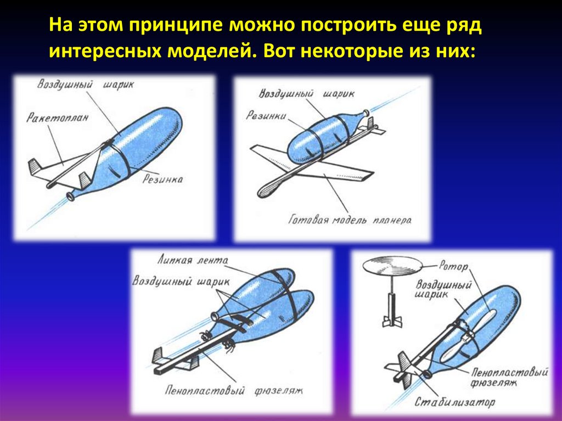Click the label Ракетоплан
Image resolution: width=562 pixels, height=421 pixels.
(x=57, y=117)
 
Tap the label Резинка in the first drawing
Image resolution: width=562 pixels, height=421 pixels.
(x=162, y=179)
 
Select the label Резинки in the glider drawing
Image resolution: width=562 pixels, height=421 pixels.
(x=266, y=115)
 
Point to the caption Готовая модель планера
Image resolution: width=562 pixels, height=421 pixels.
(x=350, y=220)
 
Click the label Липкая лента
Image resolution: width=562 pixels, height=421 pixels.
(x=192, y=260)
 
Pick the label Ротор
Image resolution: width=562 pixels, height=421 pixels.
(x=453, y=266)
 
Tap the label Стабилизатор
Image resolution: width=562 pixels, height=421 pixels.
(x=454, y=402)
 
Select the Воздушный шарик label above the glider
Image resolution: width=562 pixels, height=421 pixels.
(x=306, y=94)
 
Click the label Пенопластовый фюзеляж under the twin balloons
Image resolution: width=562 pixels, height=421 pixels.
(x=234, y=390)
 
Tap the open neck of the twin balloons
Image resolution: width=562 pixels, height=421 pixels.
(x=216, y=317)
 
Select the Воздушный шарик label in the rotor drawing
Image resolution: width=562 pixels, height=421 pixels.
(x=443, y=289)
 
